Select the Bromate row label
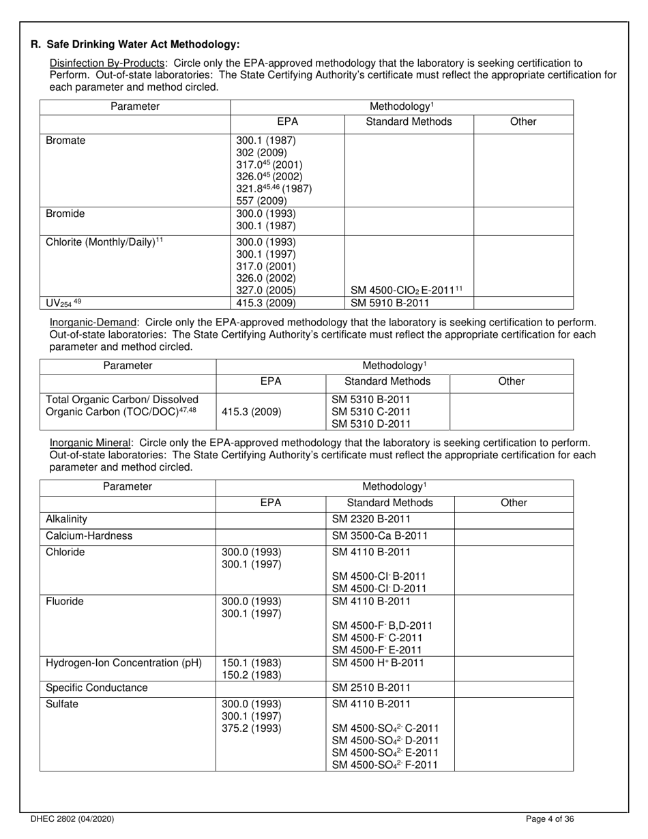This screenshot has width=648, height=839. tap(65, 141)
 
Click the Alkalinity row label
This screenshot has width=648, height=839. tap(67, 519)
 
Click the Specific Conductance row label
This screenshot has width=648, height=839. tap(96, 688)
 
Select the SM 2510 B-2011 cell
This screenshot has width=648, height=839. tap(371, 688)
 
